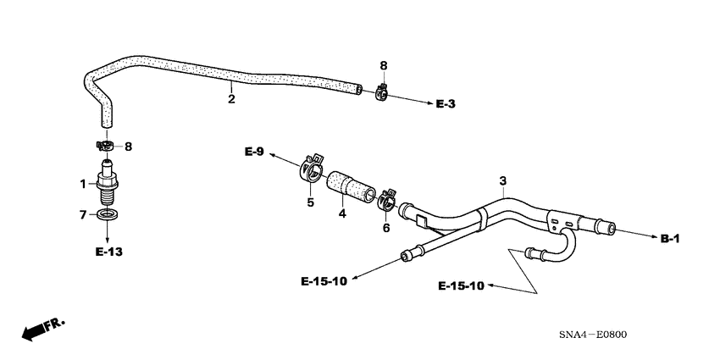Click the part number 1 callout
coord(83,184)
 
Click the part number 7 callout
coord(83,215)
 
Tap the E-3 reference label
coord(446,104)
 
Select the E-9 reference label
coord(254,152)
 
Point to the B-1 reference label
coord(670,240)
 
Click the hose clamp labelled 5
coord(313,168)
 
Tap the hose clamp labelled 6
coord(385,197)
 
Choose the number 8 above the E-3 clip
coord(383,65)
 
